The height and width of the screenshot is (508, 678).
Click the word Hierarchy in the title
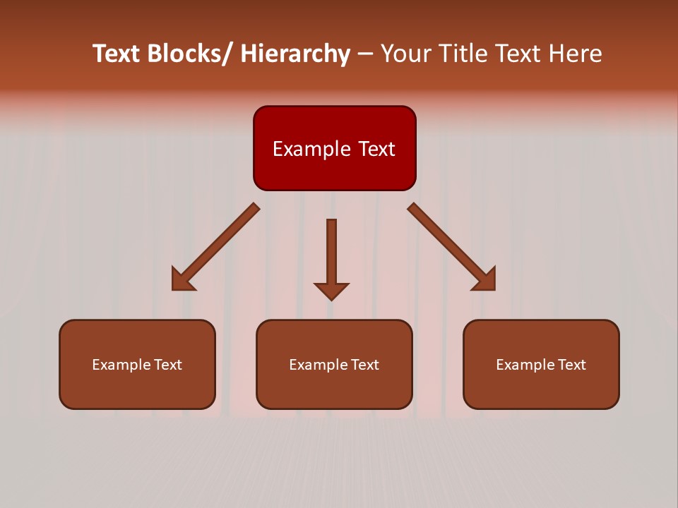click(295, 54)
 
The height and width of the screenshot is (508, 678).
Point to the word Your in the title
click(405, 54)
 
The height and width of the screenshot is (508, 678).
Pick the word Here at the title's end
click(573, 54)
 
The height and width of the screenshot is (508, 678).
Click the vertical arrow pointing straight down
click(331, 254)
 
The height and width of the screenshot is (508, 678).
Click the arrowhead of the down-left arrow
click(182, 281)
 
